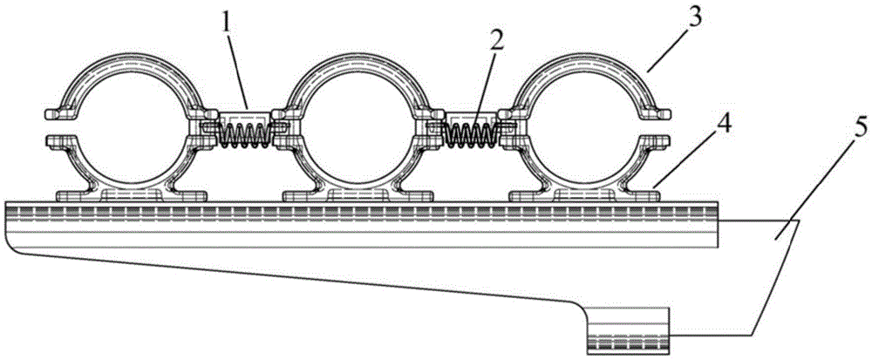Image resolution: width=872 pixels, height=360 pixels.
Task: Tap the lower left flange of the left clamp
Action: tap(58, 139)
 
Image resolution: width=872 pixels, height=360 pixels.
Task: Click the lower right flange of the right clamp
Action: tap(659, 139)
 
